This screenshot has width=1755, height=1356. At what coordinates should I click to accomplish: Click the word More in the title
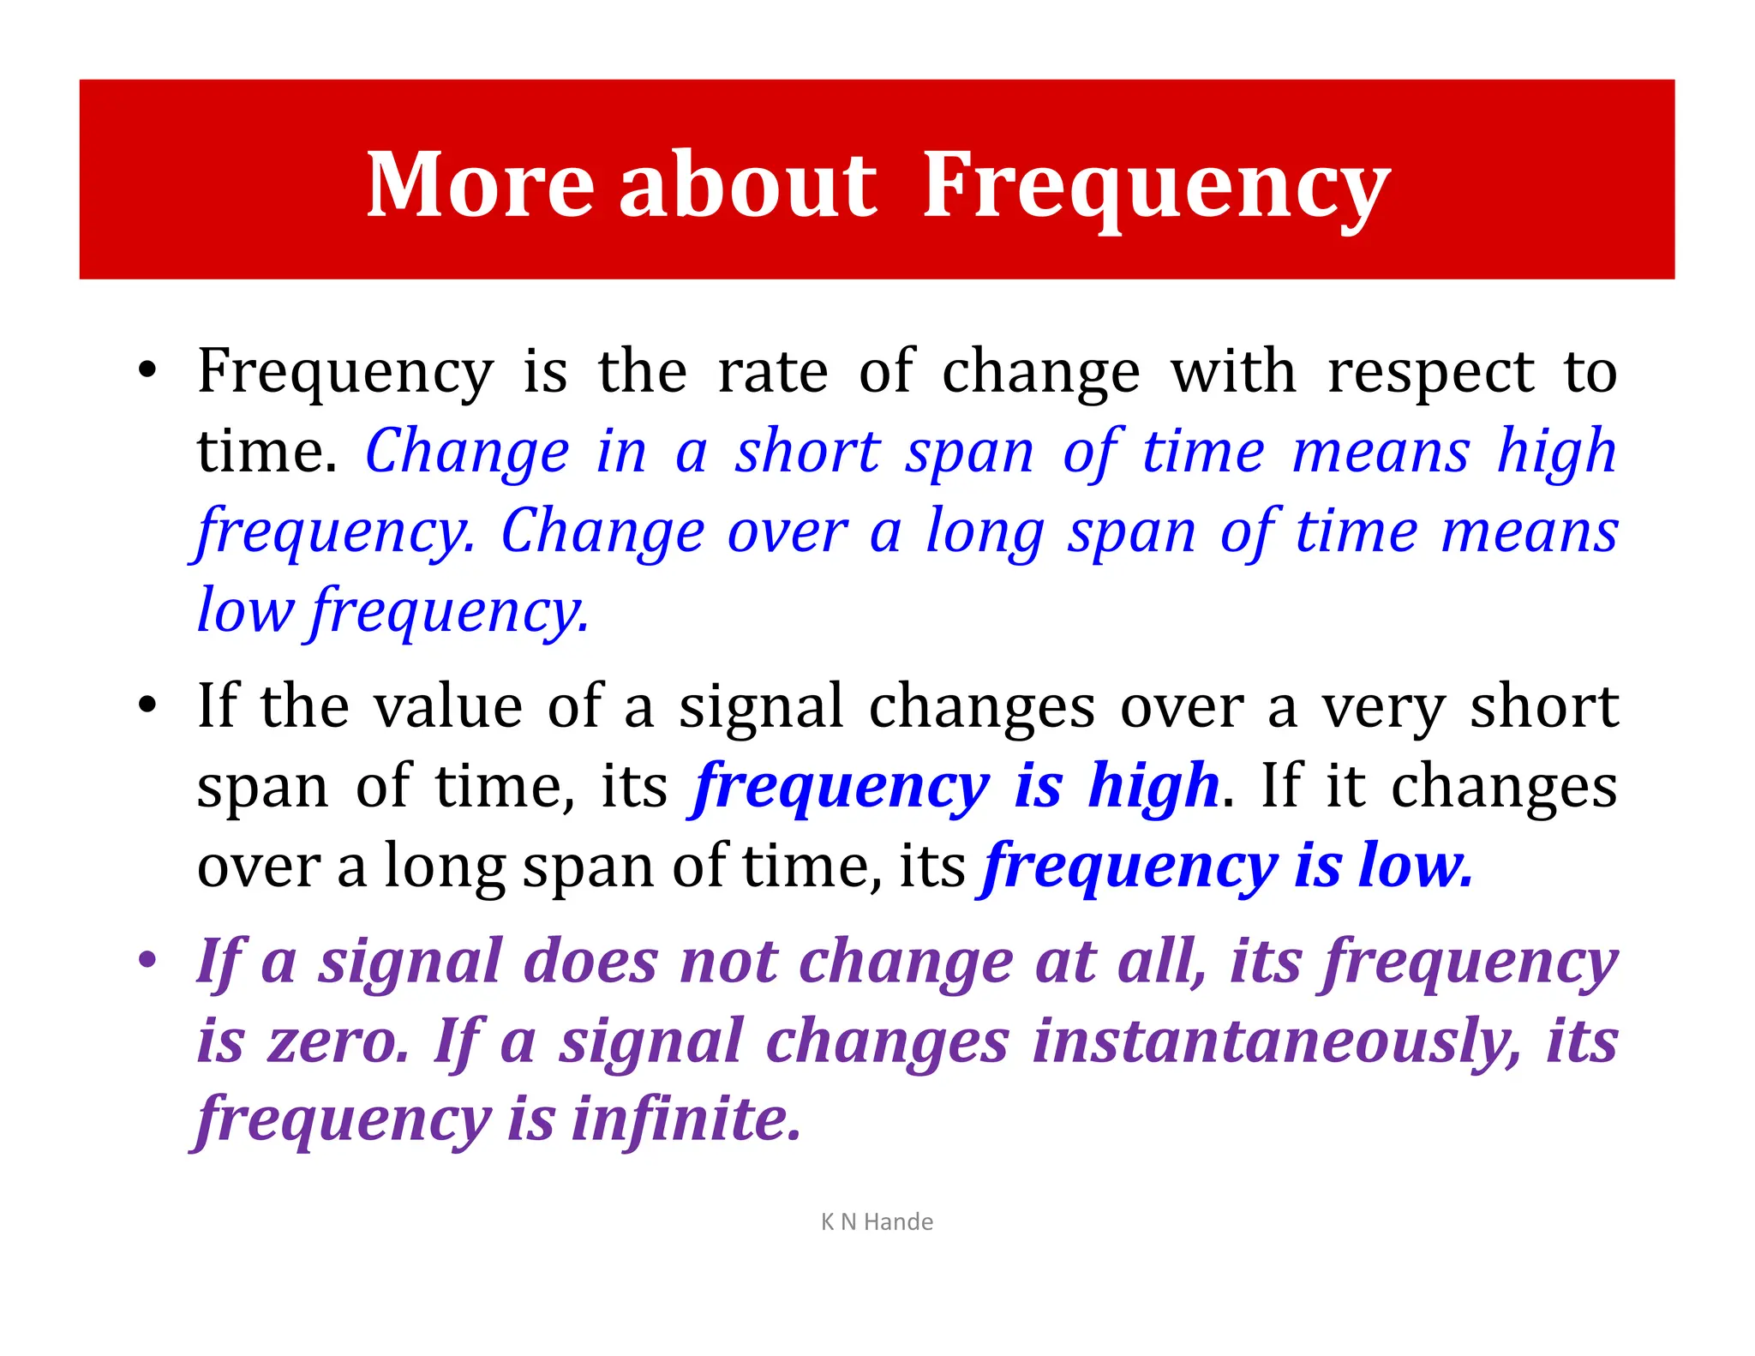coord(480,184)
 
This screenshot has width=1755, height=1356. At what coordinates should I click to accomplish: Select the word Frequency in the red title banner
coord(1155,184)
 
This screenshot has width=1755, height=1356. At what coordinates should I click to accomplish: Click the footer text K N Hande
coord(877,1221)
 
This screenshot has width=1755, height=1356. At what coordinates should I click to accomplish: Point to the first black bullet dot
coord(147,371)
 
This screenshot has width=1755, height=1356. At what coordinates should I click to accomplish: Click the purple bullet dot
coord(147,960)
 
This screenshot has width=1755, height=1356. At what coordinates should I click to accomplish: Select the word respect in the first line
coord(1430,373)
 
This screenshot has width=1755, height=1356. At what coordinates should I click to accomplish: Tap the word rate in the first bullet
coord(772,373)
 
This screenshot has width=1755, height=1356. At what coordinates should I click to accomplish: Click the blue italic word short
coord(807,452)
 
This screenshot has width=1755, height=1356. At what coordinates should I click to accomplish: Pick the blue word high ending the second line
coord(1556,452)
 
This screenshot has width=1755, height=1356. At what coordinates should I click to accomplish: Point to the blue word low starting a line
coord(245,610)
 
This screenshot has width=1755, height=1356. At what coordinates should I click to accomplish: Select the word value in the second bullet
coord(448,706)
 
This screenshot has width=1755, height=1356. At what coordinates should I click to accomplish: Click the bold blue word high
coord(1153,786)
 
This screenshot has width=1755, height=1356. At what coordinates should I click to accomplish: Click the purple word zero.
coord(338,1041)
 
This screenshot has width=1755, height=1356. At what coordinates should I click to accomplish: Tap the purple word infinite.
coord(686,1119)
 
